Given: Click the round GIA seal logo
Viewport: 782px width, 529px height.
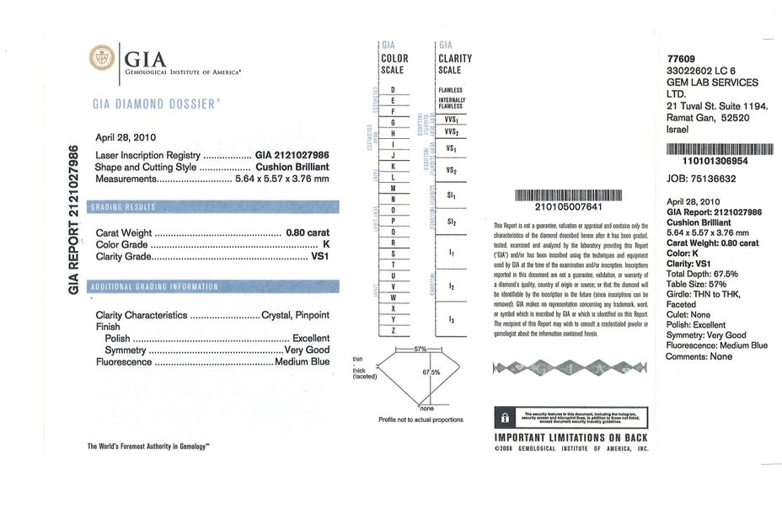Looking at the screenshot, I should (101, 58).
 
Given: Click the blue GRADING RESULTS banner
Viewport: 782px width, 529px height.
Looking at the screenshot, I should (214, 206).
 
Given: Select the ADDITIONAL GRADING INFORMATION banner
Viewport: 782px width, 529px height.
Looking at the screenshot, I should (214, 286).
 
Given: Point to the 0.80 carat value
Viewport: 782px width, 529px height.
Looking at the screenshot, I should (308, 233).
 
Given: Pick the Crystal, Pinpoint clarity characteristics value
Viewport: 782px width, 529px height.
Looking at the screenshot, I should (296, 315).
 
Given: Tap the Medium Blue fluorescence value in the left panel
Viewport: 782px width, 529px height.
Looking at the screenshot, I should (303, 362).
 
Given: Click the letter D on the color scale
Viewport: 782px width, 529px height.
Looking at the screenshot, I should (394, 89).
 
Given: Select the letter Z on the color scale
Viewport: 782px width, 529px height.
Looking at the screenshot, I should (394, 331).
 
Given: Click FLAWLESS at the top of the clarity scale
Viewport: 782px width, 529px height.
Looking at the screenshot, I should (450, 90).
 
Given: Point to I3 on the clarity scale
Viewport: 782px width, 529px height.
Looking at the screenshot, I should (452, 320).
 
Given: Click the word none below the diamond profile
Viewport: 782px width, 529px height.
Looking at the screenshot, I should (426, 409).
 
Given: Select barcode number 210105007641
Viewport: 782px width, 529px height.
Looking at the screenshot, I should (568, 206).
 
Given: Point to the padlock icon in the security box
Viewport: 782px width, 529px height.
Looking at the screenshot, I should (505, 417).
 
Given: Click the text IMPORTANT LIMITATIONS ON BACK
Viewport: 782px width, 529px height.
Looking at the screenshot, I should (570, 438).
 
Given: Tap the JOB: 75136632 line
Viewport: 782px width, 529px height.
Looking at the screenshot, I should (701, 179).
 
